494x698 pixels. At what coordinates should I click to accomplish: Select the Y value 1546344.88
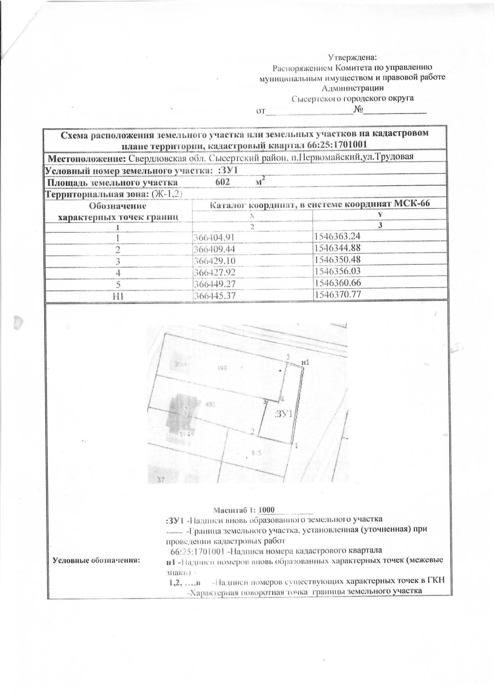[337, 248]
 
